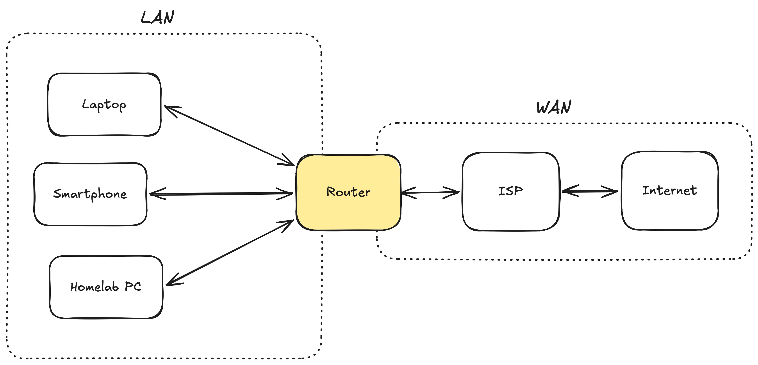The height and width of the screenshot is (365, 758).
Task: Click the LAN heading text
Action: tap(158, 18)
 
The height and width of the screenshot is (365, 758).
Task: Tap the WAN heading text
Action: tap(554, 107)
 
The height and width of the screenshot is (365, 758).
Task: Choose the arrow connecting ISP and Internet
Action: tap(590, 191)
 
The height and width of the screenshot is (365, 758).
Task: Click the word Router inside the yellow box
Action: tap(348, 192)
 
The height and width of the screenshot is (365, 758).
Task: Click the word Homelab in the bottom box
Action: tap(94, 287)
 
